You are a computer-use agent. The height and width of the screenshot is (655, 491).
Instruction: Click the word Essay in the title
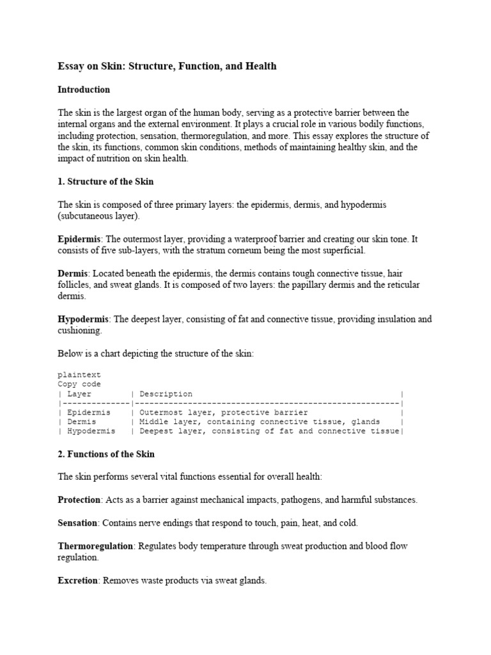(72, 66)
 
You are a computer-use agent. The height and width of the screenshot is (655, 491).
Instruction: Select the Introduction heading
(84, 90)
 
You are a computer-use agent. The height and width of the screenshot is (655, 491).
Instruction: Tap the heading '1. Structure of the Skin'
(105, 182)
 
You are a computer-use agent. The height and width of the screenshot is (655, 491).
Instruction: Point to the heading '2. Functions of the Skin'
(106, 454)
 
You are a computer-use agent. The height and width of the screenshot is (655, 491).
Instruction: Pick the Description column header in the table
(166, 394)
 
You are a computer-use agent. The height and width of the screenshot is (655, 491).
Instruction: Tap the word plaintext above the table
(79, 375)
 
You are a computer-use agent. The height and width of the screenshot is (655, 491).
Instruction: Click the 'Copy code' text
(79, 384)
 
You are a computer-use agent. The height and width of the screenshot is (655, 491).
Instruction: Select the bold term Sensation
(77, 523)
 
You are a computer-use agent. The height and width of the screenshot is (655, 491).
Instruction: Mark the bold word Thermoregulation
(95, 546)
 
